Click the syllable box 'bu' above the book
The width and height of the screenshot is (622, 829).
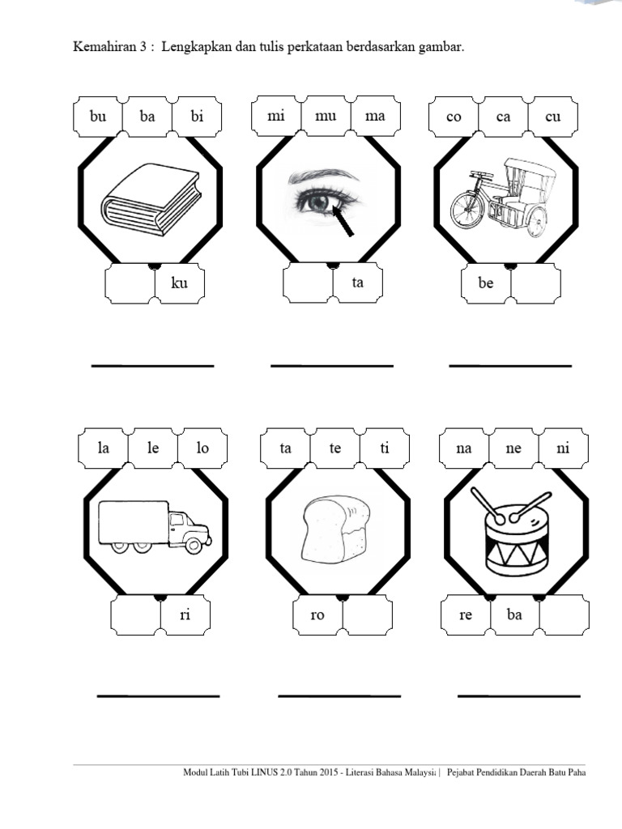coord(98,117)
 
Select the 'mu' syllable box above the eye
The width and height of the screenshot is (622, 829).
coord(326,117)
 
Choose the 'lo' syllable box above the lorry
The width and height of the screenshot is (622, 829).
coord(202,448)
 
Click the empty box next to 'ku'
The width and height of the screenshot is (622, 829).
coord(130,284)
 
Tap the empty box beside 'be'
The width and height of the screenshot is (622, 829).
coord(535,284)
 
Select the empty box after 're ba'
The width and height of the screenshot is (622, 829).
coord(564,615)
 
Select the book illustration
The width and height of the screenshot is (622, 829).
coord(150,200)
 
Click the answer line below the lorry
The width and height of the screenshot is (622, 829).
coord(158,695)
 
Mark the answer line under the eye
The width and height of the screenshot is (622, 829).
coord(331,366)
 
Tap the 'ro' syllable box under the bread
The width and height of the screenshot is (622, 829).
coord(317,615)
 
